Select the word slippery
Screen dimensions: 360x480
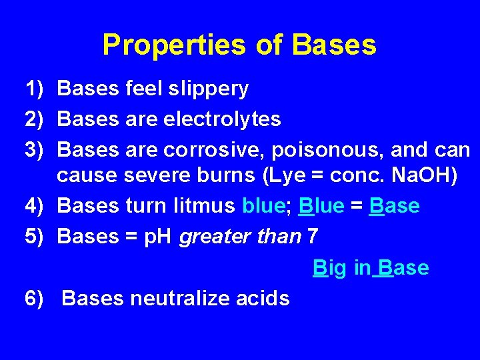tap(209, 88)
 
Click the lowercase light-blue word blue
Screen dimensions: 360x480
tap(263, 206)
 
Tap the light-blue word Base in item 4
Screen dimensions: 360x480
tap(394, 206)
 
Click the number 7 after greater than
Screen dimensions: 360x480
tap(312, 237)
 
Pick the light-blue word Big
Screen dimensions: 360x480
tap(329, 268)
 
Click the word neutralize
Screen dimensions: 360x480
tap(182, 298)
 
